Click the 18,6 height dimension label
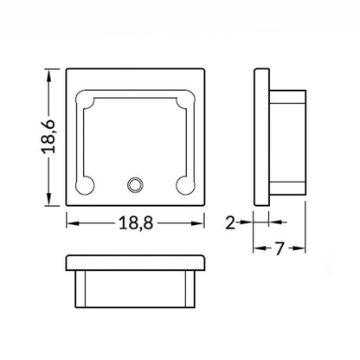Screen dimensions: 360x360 coord(48,136)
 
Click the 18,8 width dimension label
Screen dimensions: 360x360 coord(136,223)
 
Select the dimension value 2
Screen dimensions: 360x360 coord(230,222)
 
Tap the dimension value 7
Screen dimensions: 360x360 coord(279,248)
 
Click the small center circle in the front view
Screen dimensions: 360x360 coord(135,184)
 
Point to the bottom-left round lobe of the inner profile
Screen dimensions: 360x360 coord(85,185)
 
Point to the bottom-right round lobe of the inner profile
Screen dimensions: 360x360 coord(185,185)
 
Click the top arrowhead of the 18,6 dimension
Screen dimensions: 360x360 coord(49,75)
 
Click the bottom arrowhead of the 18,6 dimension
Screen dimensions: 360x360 coord(49,199)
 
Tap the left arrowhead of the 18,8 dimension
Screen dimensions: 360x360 coord(74,223)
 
